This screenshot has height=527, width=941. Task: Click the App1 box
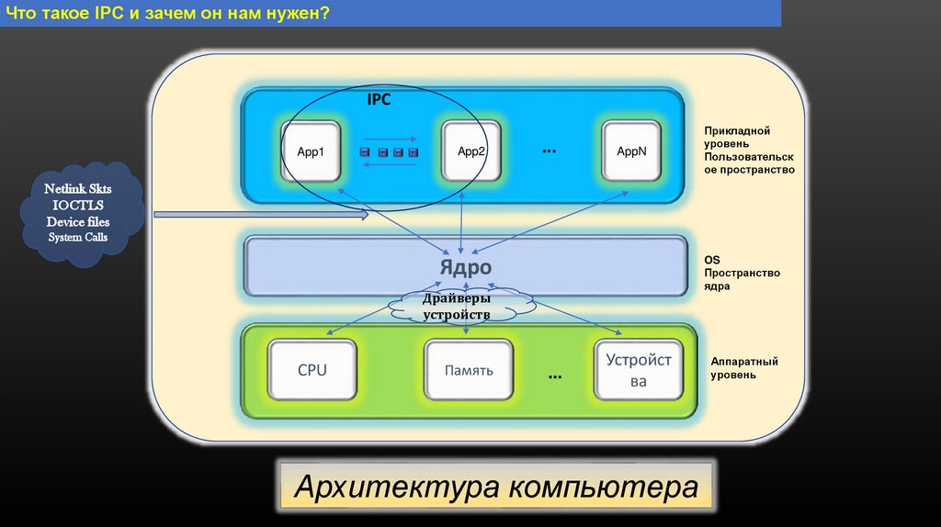click(x=311, y=151)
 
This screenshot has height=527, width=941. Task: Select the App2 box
click(x=471, y=151)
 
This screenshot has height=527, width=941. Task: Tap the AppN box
click(x=632, y=151)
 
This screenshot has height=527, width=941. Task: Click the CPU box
click(x=312, y=371)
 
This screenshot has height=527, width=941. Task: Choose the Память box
click(x=470, y=371)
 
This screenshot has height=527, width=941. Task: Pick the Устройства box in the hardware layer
click(x=639, y=370)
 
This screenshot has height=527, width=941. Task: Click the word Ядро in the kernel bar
click(x=464, y=267)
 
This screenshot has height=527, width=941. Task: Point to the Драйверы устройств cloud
click(x=457, y=307)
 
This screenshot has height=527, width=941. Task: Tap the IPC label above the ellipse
click(x=379, y=100)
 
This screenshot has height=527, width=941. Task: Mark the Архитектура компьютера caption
click(x=495, y=488)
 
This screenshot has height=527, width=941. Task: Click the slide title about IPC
click(x=171, y=14)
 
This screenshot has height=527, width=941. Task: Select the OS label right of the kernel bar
click(x=712, y=260)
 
